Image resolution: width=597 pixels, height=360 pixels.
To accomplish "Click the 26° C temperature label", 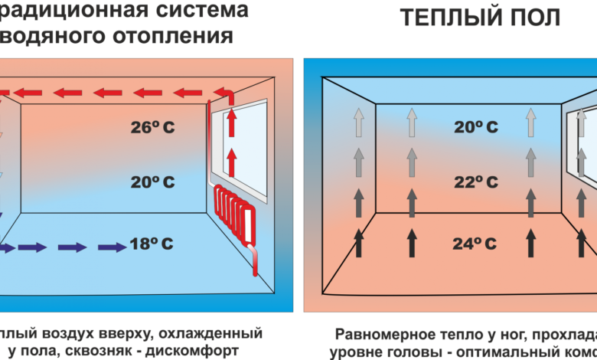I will pyautogui.click(x=152, y=127).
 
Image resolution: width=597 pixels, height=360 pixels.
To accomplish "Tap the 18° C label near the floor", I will pyautogui.click(x=151, y=244).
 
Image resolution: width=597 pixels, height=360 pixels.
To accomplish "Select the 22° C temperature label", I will pyautogui.click(x=475, y=182).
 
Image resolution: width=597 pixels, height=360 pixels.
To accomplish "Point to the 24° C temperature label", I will pyautogui.click(x=475, y=244).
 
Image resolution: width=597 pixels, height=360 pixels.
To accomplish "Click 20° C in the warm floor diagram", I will pyautogui.click(x=475, y=127).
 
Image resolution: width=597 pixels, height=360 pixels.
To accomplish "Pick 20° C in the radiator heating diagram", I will pyautogui.click(x=152, y=182).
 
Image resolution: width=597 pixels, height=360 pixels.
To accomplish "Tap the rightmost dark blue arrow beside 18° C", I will pyautogui.click(x=113, y=247).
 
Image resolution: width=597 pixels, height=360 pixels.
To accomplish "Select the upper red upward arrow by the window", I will pyautogui.click(x=232, y=125).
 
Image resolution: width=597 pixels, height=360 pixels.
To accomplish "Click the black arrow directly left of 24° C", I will pyautogui.click(x=412, y=243).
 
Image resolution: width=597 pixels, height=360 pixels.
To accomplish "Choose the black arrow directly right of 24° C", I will pyautogui.click(x=530, y=243).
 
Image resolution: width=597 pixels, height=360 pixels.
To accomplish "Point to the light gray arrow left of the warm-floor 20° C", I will pyautogui.click(x=412, y=122).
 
